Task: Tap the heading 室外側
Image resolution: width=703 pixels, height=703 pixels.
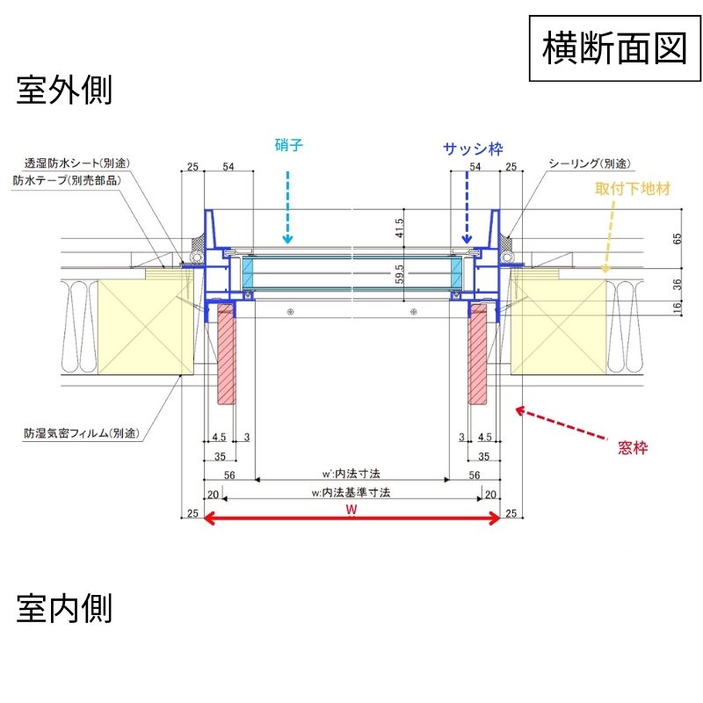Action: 64,91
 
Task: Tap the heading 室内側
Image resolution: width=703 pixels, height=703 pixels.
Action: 64,607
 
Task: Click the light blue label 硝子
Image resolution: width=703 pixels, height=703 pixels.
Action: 288,146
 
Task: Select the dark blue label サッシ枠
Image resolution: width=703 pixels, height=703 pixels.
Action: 472,149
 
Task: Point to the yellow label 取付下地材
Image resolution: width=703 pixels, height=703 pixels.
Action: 634,189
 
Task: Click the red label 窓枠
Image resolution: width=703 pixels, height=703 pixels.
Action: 633,448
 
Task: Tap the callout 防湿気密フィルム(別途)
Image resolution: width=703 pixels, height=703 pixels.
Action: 83,433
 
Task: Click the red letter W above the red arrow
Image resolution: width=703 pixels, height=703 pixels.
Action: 351,509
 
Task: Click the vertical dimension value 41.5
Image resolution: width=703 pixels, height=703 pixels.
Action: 399,228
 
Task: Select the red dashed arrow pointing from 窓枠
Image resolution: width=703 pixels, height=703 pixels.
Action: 562,424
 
